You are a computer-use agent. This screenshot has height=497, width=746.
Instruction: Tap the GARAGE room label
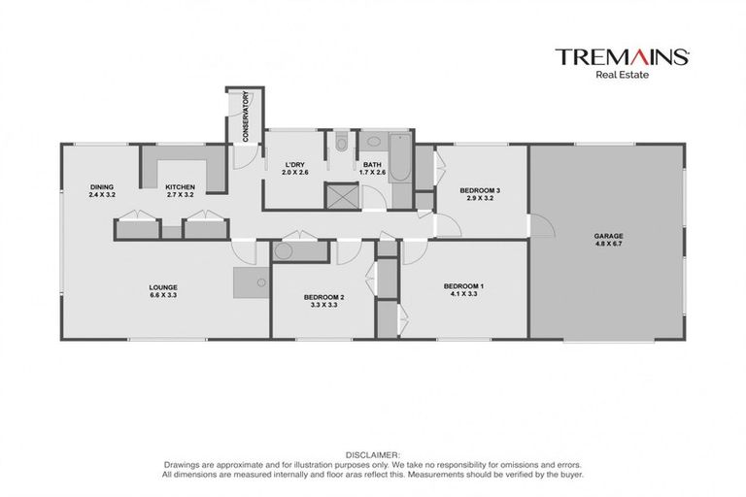[608, 235]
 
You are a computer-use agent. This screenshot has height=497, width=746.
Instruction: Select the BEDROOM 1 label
[463, 285]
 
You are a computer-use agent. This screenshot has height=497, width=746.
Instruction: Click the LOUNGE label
[162, 286]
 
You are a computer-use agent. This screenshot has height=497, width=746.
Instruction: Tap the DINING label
[102, 186]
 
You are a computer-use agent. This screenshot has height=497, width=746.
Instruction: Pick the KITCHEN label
[180, 186]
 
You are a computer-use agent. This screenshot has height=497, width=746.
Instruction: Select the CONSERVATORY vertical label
[246, 116]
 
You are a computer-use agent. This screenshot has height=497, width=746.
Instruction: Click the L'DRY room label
[294, 165]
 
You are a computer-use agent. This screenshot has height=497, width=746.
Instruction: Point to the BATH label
[373, 165]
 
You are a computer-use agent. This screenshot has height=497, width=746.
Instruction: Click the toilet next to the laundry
[338, 144]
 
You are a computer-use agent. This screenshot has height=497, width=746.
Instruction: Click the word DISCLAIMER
[372, 453]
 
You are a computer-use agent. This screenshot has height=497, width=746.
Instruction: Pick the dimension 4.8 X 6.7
[608, 245]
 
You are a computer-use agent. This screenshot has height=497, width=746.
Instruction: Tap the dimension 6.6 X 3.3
[162, 296]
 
